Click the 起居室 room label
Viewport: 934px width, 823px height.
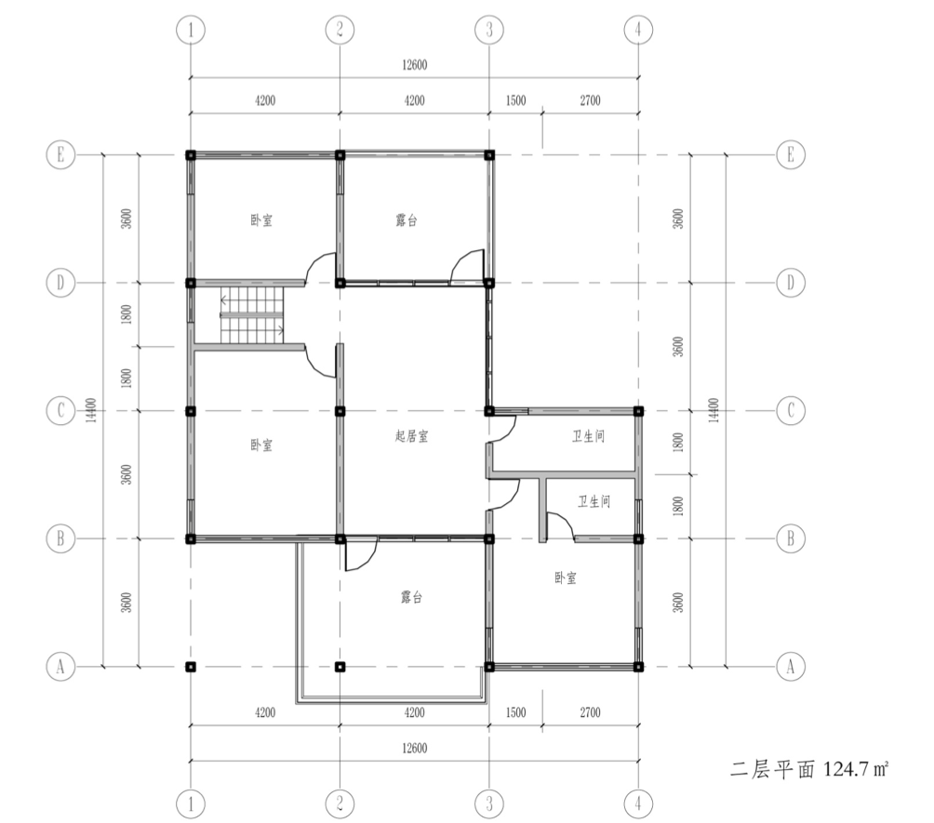(x=411, y=436)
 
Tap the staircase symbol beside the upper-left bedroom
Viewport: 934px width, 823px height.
(x=252, y=315)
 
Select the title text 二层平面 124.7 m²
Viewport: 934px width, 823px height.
(x=809, y=769)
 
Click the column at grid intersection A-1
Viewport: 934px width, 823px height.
(x=191, y=667)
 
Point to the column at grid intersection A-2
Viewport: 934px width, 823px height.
(x=340, y=667)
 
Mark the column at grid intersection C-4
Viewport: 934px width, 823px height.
(x=638, y=411)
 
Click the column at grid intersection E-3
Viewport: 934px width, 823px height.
(x=489, y=155)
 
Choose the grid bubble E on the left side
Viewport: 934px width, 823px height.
(x=60, y=154)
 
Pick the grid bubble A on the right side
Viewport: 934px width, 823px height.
(x=791, y=667)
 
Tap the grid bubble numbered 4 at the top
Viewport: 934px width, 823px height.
(x=638, y=29)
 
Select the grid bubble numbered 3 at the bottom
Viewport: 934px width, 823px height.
(x=489, y=804)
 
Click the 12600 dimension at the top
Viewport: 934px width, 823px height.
(x=415, y=65)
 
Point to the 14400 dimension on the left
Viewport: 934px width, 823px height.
(x=91, y=410)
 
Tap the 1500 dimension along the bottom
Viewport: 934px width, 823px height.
(x=516, y=712)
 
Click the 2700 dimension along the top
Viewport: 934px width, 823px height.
(x=591, y=100)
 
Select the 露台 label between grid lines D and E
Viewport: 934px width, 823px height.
(x=407, y=220)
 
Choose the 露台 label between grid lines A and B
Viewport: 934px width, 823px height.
(x=411, y=597)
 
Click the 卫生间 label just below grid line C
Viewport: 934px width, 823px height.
(x=589, y=436)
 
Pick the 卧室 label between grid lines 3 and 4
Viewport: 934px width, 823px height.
(x=566, y=577)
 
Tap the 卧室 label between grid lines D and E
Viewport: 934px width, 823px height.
(x=261, y=220)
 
